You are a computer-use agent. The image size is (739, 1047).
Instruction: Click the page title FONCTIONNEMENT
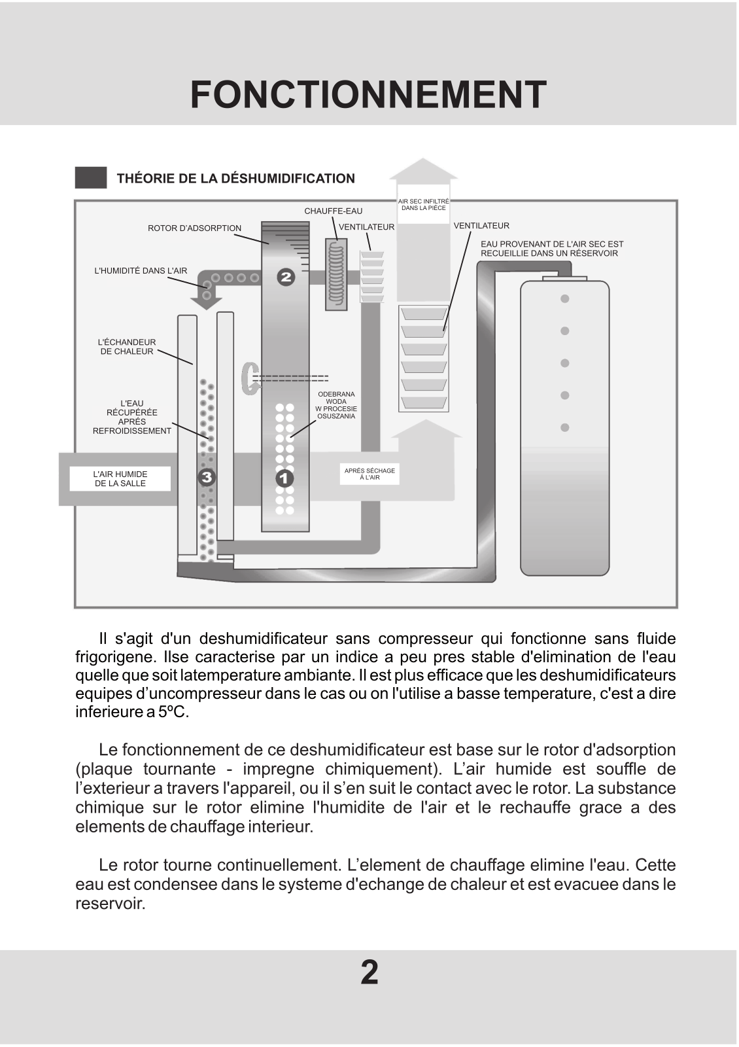[x=368, y=96]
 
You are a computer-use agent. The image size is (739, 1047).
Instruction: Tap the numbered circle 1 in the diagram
[x=284, y=478]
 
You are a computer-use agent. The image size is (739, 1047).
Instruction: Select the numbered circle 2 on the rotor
[x=286, y=277]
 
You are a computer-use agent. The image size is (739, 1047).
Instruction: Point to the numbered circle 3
[x=207, y=478]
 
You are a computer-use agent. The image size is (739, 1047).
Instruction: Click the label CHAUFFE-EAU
[x=333, y=211]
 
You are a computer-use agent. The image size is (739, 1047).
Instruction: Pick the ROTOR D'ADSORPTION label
[x=194, y=228]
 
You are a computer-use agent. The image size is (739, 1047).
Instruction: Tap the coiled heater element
[x=335, y=274]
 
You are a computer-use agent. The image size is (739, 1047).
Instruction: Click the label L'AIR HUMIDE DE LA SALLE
[x=120, y=479]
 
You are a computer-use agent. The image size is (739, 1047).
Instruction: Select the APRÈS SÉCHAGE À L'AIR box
[x=369, y=474]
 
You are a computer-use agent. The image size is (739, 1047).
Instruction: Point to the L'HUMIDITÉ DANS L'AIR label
[x=141, y=271]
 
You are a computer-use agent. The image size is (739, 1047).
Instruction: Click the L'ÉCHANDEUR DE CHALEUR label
[x=127, y=347]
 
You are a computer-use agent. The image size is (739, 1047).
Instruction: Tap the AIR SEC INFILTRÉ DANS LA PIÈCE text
[x=424, y=205]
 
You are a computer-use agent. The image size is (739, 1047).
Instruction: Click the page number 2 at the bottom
[x=369, y=972]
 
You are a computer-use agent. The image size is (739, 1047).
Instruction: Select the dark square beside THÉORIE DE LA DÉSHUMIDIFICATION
[x=91, y=178]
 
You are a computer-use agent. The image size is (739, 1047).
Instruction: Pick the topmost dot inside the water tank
[x=565, y=299]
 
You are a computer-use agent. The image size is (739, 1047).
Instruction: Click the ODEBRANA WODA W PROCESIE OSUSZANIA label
[x=336, y=405]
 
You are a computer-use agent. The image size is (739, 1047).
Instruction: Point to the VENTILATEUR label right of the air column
[x=481, y=226]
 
